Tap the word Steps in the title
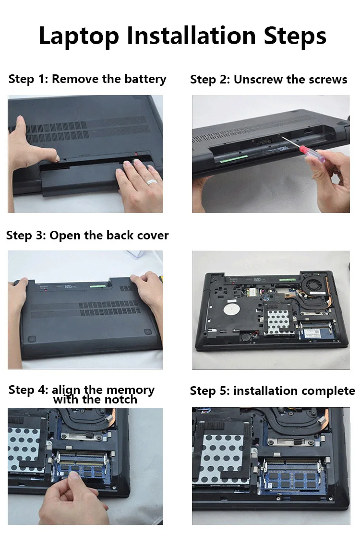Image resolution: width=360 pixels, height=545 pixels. click(x=295, y=36)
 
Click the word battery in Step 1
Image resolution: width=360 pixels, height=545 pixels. click(x=145, y=80)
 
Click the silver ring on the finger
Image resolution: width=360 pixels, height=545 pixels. click(x=152, y=181)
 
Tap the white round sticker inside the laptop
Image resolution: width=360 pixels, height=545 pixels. click(x=231, y=309)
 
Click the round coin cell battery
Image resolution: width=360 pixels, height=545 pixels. click(x=246, y=336)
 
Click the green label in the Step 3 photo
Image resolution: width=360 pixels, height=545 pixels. click(x=97, y=286)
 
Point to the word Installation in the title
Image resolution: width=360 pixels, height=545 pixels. click(x=192, y=36)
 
